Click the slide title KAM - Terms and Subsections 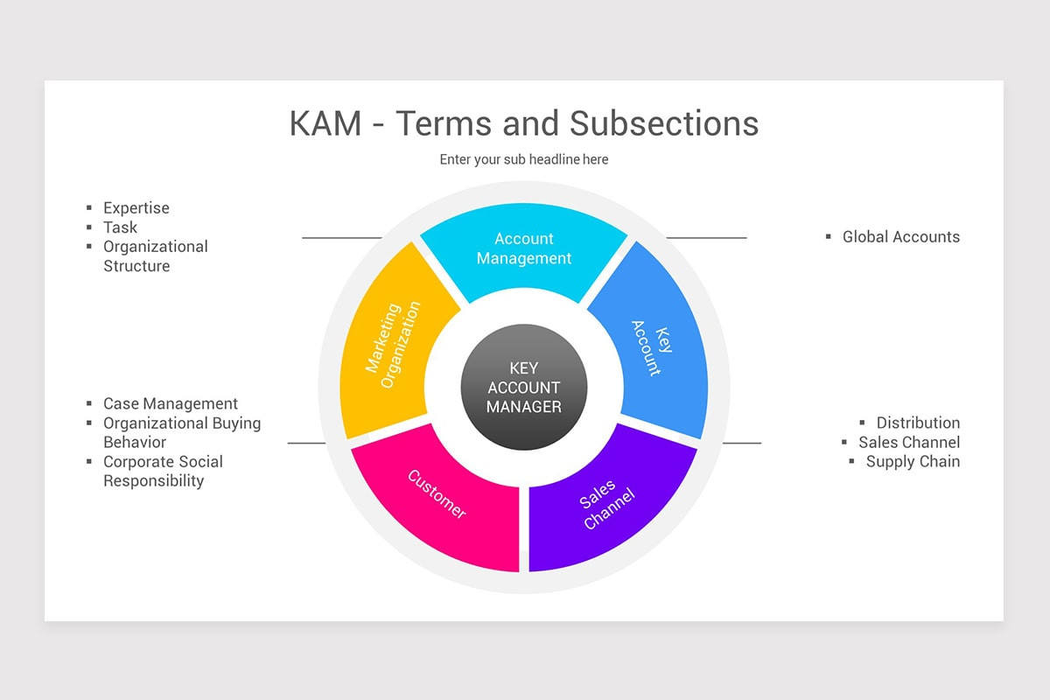tap(523, 123)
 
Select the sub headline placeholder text tap(523, 159)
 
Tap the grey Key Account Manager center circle tap(523, 388)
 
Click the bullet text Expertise tap(136, 208)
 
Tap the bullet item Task tap(120, 227)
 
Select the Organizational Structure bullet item tap(155, 256)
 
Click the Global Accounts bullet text tap(900, 237)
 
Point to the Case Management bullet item tap(170, 404)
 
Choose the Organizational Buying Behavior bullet tap(181, 432)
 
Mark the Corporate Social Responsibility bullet tap(163, 471)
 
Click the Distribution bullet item tap(918, 423)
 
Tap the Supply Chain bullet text tap(913, 461)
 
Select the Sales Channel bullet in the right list tap(908, 442)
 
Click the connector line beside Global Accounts tap(706, 238)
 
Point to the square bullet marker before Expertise tap(89, 208)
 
